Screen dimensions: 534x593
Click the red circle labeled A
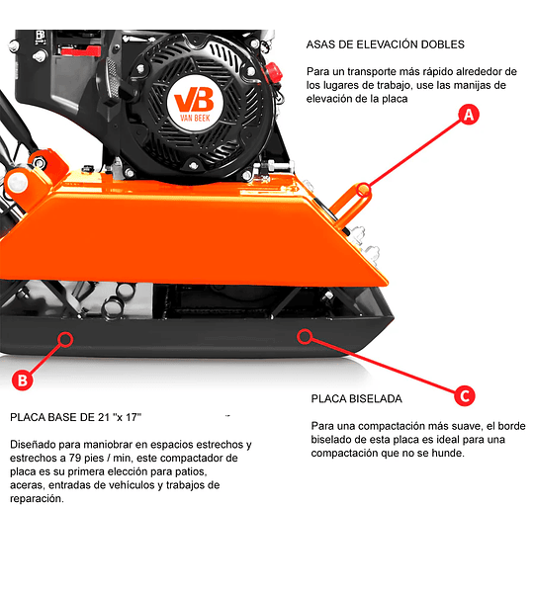point(469,115)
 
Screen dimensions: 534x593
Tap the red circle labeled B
point(23,380)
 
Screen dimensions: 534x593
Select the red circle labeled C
point(465,396)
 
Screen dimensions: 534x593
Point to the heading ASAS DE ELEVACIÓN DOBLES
point(386,44)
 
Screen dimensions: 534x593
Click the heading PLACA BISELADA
point(357,399)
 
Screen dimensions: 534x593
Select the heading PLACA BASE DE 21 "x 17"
point(76,417)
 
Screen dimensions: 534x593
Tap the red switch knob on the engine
point(274,72)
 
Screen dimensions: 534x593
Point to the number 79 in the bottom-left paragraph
point(74,458)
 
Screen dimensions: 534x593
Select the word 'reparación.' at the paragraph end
point(37,499)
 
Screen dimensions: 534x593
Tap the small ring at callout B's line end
point(66,339)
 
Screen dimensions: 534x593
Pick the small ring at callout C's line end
point(305,336)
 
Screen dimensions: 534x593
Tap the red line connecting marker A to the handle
point(414,152)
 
